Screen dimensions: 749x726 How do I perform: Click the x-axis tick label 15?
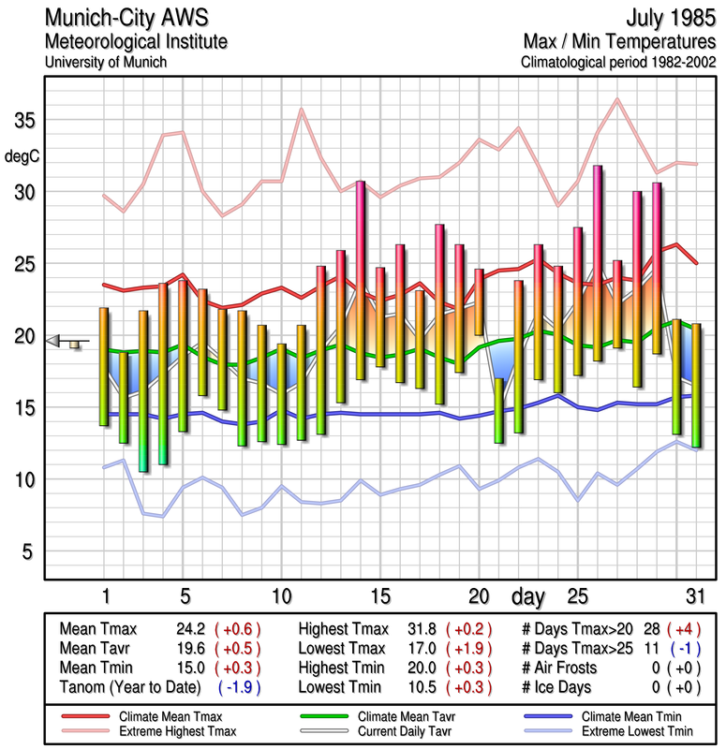(379, 595)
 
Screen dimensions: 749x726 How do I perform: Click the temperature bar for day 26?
(597, 262)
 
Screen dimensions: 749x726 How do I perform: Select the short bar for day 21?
(499, 410)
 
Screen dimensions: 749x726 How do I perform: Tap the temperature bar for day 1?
(104, 367)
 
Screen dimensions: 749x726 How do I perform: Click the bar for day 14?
(360, 281)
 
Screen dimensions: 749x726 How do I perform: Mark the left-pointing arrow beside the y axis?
(54, 341)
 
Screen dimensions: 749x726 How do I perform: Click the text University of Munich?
(105, 62)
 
